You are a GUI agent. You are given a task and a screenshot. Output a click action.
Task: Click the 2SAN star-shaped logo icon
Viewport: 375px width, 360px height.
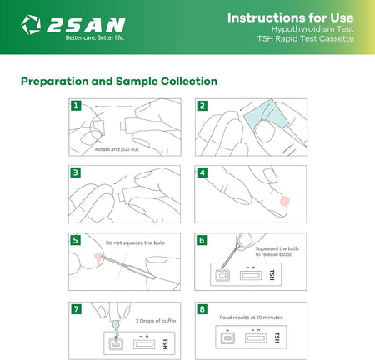point(31,24)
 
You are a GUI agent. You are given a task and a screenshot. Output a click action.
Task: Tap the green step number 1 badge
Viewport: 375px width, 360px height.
point(76,106)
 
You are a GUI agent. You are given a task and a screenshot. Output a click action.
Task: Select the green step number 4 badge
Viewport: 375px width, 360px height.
point(202,172)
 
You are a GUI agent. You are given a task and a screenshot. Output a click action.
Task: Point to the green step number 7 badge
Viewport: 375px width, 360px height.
point(76,309)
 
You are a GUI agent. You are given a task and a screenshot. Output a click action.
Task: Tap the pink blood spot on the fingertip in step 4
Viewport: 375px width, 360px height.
point(285,201)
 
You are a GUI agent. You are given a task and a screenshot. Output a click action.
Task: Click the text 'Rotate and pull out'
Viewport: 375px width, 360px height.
point(117,149)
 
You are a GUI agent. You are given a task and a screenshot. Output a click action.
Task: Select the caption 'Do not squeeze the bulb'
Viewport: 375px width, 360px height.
point(135,242)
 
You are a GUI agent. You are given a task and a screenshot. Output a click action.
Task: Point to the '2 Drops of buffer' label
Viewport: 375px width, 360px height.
point(156,321)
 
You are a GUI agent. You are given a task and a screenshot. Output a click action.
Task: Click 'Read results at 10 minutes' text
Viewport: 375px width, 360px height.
point(251,317)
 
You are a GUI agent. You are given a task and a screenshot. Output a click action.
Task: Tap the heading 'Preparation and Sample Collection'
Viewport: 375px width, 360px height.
point(119,82)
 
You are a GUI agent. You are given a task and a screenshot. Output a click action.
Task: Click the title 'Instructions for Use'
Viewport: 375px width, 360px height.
point(291,17)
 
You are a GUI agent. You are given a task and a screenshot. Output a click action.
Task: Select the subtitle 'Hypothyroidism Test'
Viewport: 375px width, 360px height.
point(312,29)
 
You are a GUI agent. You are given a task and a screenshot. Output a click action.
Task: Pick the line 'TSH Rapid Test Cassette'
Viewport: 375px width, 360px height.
point(306,38)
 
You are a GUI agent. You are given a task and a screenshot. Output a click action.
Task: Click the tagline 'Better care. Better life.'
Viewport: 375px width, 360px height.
point(95,37)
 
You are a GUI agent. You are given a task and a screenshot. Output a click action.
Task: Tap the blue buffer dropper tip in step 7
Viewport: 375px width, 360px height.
point(116,324)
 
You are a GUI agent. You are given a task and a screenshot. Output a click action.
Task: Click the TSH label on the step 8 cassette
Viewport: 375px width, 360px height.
point(277,337)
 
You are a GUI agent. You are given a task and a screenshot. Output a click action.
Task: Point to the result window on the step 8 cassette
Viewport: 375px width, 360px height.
point(256,338)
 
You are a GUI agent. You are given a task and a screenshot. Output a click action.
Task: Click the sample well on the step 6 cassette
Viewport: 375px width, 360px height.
point(222,276)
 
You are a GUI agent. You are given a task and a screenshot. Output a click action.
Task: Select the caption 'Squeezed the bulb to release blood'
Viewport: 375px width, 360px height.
point(277,252)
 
